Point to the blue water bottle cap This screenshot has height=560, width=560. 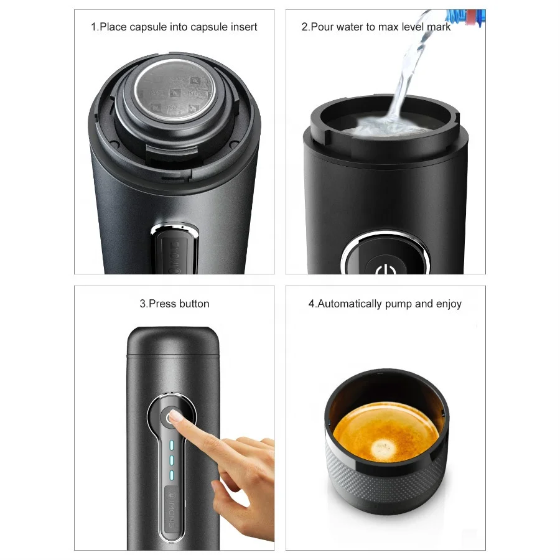[x=469, y=17]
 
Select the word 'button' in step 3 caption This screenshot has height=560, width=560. [x=194, y=304]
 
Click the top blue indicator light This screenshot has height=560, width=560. [x=170, y=446]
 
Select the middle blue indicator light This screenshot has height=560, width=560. [x=170, y=460]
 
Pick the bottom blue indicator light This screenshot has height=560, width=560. [x=170, y=475]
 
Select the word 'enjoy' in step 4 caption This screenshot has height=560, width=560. [x=448, y=304]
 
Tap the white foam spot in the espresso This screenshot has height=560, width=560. [x=381, y=445]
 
